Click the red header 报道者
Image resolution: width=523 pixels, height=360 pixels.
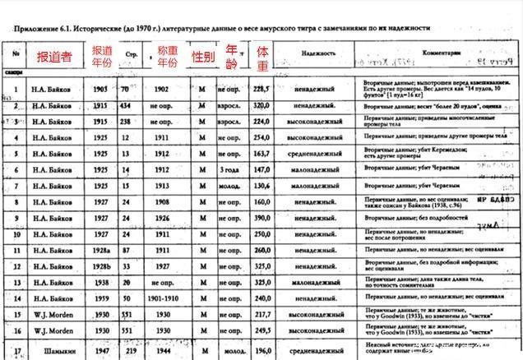55,58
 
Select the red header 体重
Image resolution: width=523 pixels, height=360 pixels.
262,57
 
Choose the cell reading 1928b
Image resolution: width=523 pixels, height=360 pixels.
101,265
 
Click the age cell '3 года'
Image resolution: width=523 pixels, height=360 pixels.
228,169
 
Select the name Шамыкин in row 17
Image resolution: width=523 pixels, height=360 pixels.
55,349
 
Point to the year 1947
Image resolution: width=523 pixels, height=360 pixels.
101,349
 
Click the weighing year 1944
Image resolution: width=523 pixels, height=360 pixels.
162,349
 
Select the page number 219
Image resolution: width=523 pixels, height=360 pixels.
128,349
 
